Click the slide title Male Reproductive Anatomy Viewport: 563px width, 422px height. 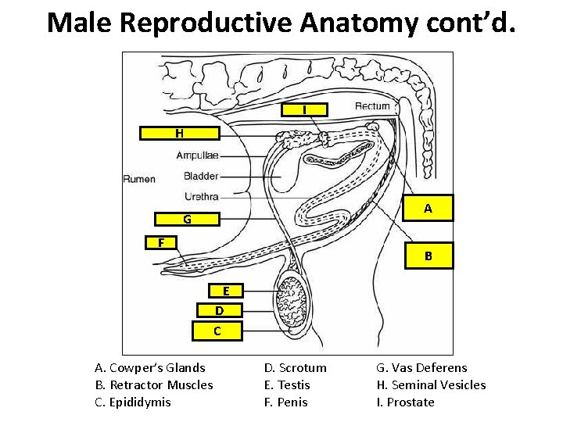(x=281, y=22)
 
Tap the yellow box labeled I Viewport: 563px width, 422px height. (x=304, y=110)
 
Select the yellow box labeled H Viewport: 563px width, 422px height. (x=180, y=133)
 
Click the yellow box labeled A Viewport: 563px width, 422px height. (x=428, y=209)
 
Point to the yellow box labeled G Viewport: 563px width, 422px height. (x=188, y=220)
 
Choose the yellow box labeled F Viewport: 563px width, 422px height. (x=161, y=242)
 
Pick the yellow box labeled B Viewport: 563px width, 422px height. (x=428, y=256)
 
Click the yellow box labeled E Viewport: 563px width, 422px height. (x=226, y=291)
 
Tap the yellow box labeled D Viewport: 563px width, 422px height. (x=220, y=310)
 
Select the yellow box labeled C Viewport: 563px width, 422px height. (x=217, y=331)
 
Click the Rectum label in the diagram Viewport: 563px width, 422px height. (x=372, y=106)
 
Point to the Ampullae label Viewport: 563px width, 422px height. (x=197, y=156)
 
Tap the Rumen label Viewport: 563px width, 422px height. (x=139, y=179)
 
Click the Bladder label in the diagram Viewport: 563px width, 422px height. (x=201, y=176)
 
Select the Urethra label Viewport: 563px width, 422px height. (x=201, y=196)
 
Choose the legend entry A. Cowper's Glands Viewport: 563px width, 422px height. (x=149, y=367)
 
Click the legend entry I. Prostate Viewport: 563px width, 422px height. (x=405, y=402)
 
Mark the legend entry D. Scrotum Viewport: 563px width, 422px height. (x=295, y=367)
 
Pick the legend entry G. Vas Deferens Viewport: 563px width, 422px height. (x=421, y=367)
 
